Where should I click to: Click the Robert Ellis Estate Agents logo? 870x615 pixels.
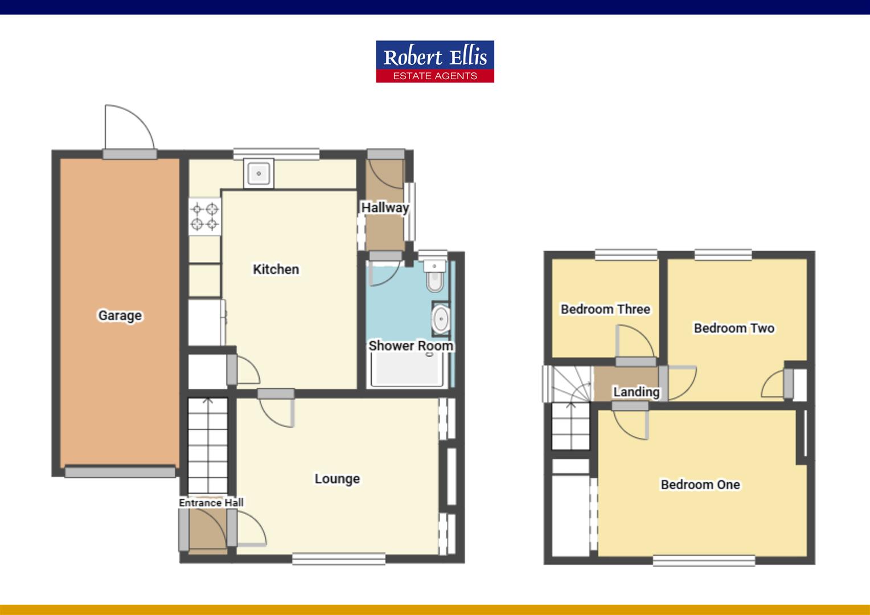pos(434,61)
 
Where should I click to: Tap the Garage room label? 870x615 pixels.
pos(120,315)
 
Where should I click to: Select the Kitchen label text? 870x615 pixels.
pos(276,269)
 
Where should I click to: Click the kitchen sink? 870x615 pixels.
pos(258,173)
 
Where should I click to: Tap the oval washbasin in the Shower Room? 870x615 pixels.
pos(441,319)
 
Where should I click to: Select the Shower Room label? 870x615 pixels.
pos(411,346)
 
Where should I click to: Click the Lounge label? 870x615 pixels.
pos(337,479)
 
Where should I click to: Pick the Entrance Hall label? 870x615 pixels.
pos(211,503)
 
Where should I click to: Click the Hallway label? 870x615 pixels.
pos(385,208)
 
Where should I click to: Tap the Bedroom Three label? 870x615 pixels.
pos(605,309)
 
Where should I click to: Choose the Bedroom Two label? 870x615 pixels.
pos(734,328)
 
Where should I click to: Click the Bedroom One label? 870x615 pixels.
pos(700,485)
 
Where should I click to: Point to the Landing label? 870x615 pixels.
pos(636,392)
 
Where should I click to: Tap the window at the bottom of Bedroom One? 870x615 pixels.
pos(704,561)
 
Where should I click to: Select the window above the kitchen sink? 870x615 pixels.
pos(276,154)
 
